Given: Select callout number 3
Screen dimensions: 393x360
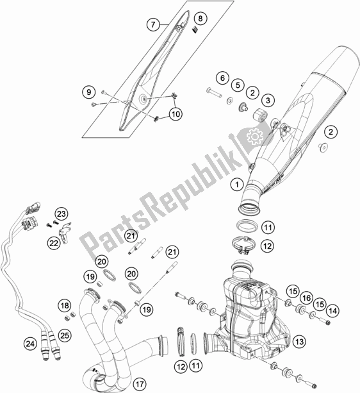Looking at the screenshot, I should point(268,99).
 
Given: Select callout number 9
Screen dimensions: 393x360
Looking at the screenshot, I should point(90,94).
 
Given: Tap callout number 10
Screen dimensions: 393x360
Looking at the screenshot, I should point(157,115).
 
